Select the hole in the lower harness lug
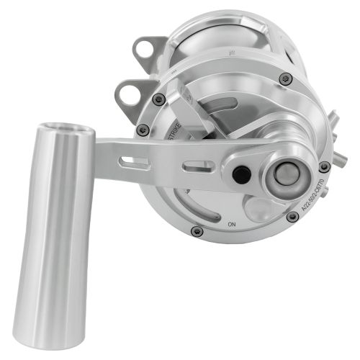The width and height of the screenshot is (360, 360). [x=128, y=93]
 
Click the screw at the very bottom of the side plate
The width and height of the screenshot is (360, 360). [x=197, y=230]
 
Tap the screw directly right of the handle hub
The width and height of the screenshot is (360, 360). [x=325, y=166]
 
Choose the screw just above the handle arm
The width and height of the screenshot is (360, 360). [x=143, y=130]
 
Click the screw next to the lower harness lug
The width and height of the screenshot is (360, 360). [x=158, y=99]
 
